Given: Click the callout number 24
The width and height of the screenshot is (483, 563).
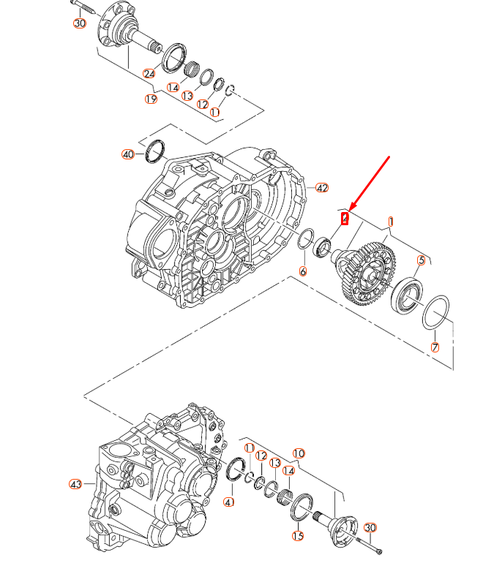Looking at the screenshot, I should (149, 74).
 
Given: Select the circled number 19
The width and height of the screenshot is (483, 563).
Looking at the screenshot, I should (151, 99).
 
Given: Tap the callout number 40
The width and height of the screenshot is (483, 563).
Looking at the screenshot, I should (129, 154).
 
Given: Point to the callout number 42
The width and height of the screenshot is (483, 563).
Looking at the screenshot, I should (321, 188).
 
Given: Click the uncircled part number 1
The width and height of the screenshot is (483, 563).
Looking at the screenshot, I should (392, 220).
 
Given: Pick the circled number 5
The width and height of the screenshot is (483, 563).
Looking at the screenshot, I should (422, 260).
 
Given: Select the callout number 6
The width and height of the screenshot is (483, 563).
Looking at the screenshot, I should (303, 271).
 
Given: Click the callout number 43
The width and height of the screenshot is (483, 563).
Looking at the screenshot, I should (75, 484).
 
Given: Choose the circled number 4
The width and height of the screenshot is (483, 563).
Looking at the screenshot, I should (229, 502).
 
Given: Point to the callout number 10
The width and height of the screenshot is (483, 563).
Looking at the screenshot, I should (299, 453).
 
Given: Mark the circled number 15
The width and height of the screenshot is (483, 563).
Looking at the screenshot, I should (298, 536).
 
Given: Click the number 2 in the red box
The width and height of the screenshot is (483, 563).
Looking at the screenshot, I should (345, 218).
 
